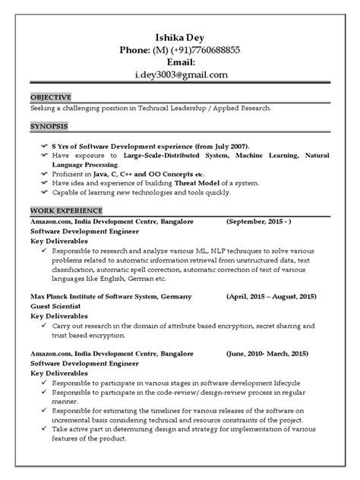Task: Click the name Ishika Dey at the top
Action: pos(179,36)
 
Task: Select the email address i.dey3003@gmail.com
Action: pos(180,74)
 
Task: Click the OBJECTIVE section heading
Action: pos(51,97)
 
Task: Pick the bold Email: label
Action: pos(179,62)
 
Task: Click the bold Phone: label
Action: pos(136,49)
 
